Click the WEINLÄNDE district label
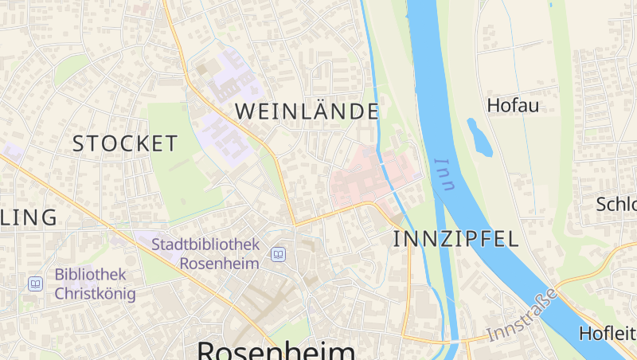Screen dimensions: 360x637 pyautogui.click(x=307, y=112)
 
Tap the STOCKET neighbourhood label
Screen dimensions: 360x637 pyautogui.click(x=125, y=144)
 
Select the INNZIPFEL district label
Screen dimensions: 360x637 pyautogui.click(x=455, y=238)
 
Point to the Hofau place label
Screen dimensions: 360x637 pyautogui.click(x=513, y=105)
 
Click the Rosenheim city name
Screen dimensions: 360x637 pyautogui.click(x=276, y=350)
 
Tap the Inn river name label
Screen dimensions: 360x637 pyautogui.click(x=444, y=174)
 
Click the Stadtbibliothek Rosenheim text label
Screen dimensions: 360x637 pyautogui.click(x=205, y=253)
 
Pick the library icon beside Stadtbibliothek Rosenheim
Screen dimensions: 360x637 pyautogui.click(x=278, y=254)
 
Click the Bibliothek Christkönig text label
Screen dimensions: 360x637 pyautogui.click(x=95, y=284)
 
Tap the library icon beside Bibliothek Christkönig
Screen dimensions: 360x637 pyautogui.click(x=35, y=284)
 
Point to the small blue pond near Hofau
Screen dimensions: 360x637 pyautogui.click(x=479, y=138)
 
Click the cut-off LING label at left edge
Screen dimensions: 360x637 pyautogui.click(x=29, y=217)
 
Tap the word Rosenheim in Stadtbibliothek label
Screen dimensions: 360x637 pyautogui.click(x=220, y=263)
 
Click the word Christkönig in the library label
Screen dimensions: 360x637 pyautogui.click(x=95, y=293)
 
